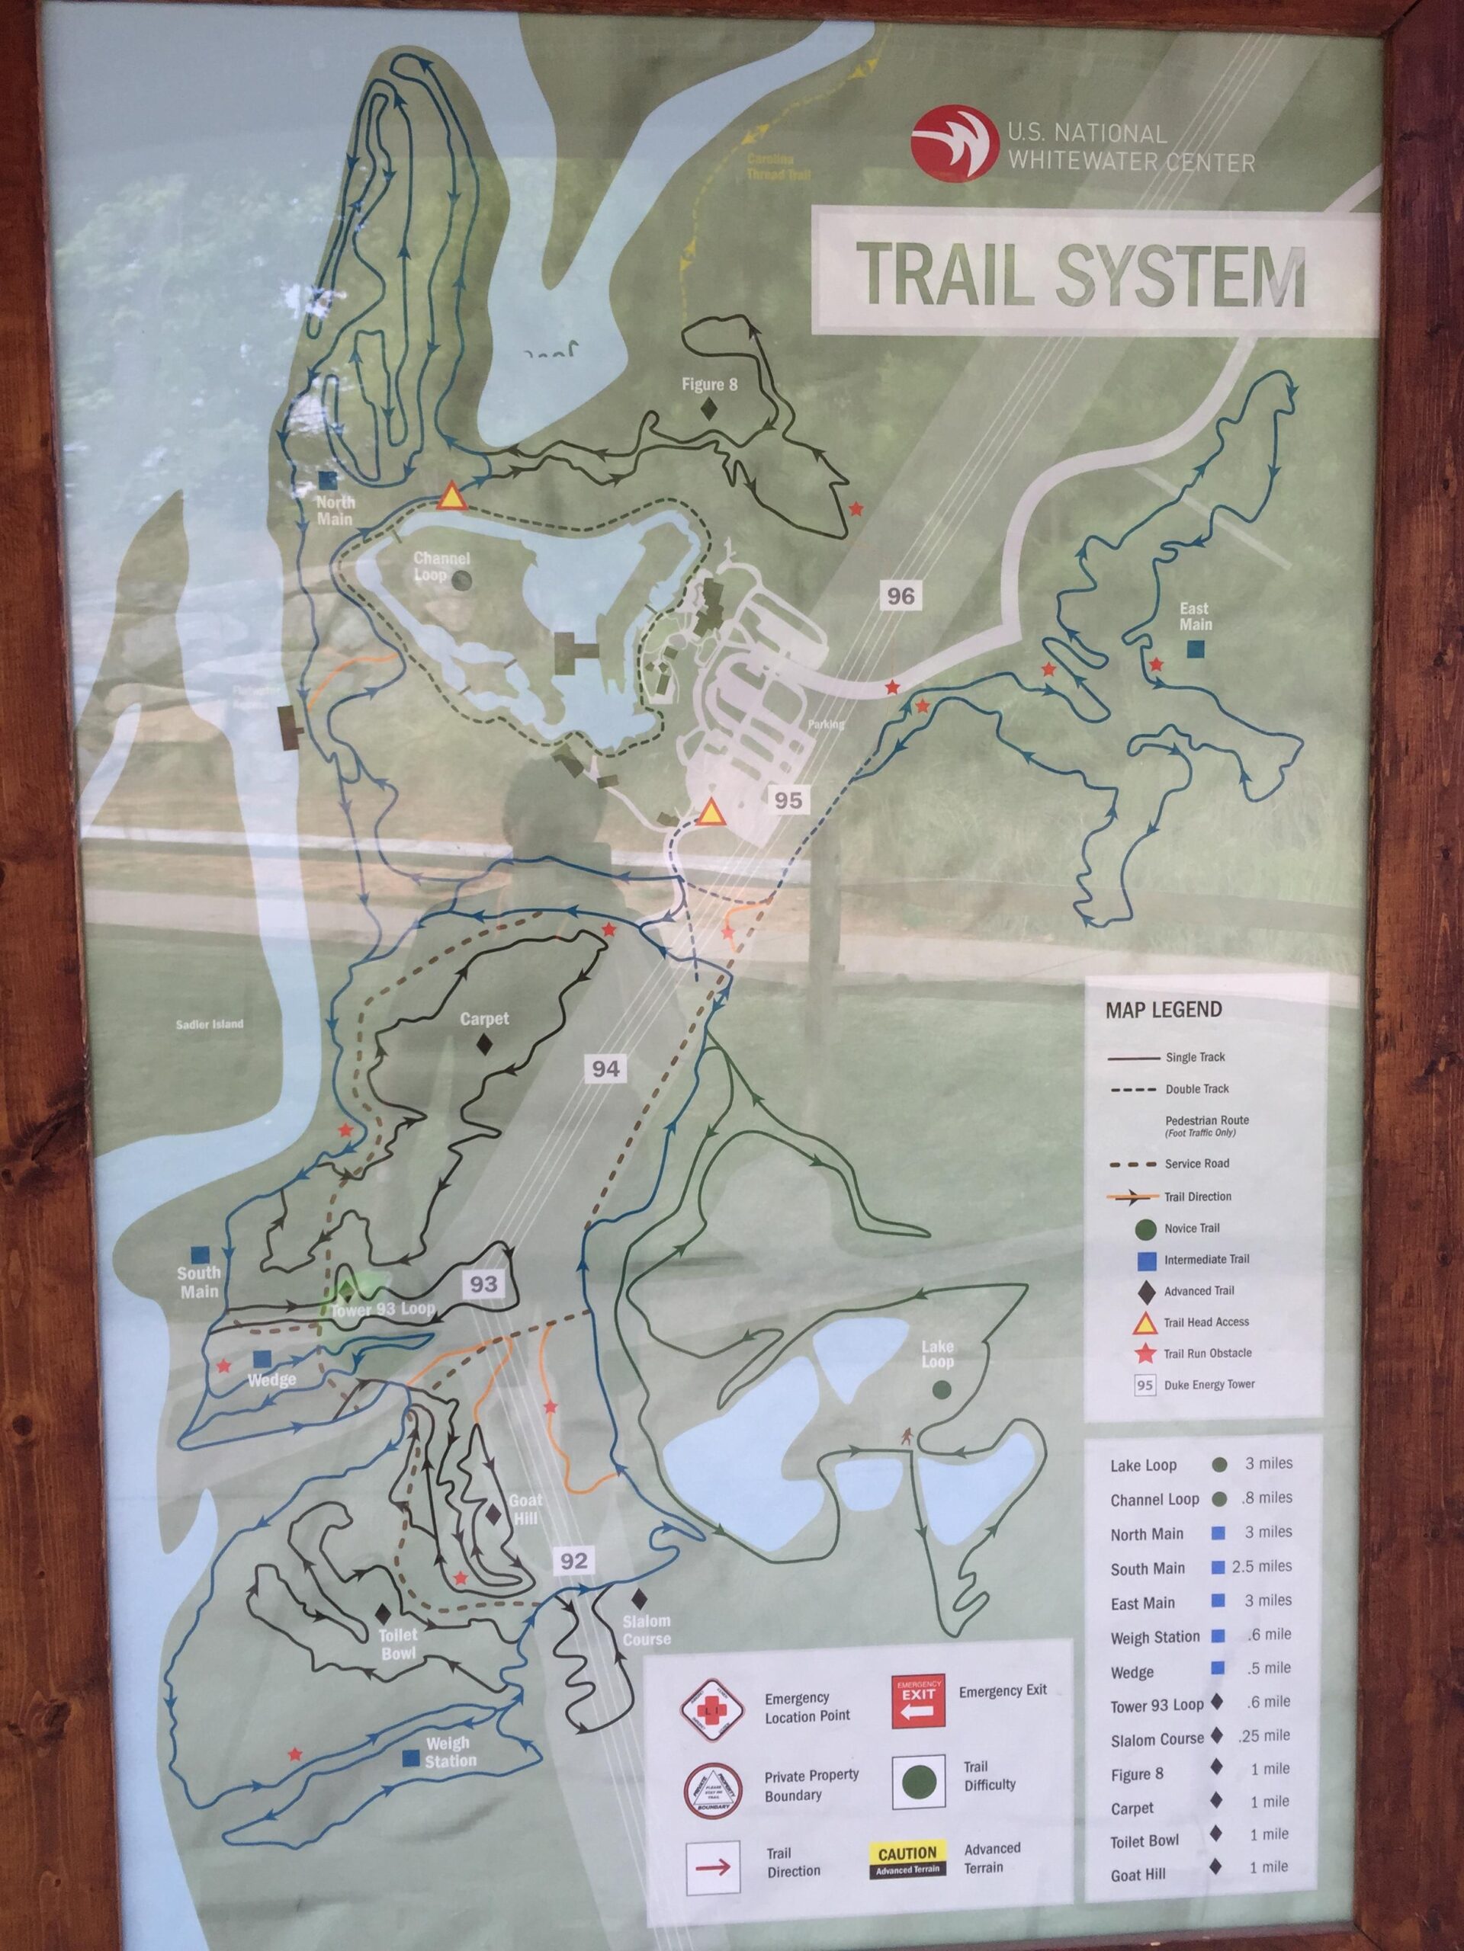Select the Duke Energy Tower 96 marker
click(900, 595)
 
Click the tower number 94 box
click(605, 1069)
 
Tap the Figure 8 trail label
click(708, 385)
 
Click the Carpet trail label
click(483, 1019)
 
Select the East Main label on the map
click(1195, 617)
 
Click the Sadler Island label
click(209, 1025)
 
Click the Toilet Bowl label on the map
click(398, 1643)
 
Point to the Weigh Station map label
click(449, 1751)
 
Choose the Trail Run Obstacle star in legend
click(1145, 1353)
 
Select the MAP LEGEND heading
click(1163, 1010)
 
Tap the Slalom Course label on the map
click(646, 1630)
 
